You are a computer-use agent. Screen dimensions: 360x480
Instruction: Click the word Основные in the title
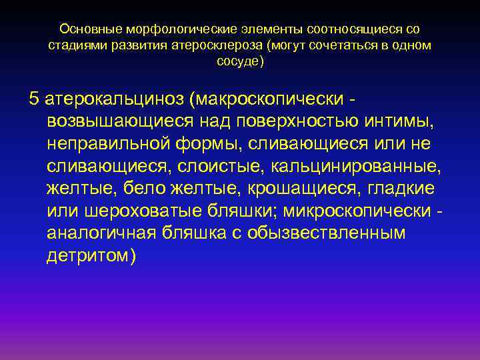(x=85, y=30)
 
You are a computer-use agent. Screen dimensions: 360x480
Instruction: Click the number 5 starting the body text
(x=34, y=99)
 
